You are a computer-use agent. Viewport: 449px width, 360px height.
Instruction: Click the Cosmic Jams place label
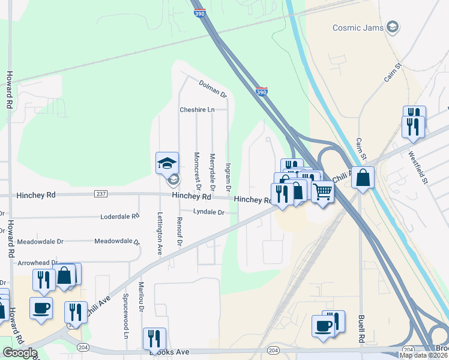(x=358, y=28)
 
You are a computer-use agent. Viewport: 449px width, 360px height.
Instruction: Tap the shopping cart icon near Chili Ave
(x=323, y=192)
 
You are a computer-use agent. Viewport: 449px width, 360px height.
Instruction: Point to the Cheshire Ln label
(x=197, y=110)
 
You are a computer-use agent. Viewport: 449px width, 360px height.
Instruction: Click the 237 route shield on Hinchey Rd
(x=101, y=194)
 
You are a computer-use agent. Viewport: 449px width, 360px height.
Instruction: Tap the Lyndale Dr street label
(x=208, y=212)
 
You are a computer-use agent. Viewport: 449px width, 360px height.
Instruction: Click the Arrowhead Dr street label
(x=38, y=263)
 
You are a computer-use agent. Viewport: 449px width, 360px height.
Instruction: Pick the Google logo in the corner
(x=20, y=353)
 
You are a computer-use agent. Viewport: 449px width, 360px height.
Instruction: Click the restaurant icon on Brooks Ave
(x=153, y=338)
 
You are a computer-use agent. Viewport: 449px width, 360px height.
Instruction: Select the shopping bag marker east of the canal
(x=363, y=178)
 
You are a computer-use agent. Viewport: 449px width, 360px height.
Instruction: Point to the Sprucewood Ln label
(x=126, y=325)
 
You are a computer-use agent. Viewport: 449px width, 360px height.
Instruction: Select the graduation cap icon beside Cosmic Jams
(x=393, y=27)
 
